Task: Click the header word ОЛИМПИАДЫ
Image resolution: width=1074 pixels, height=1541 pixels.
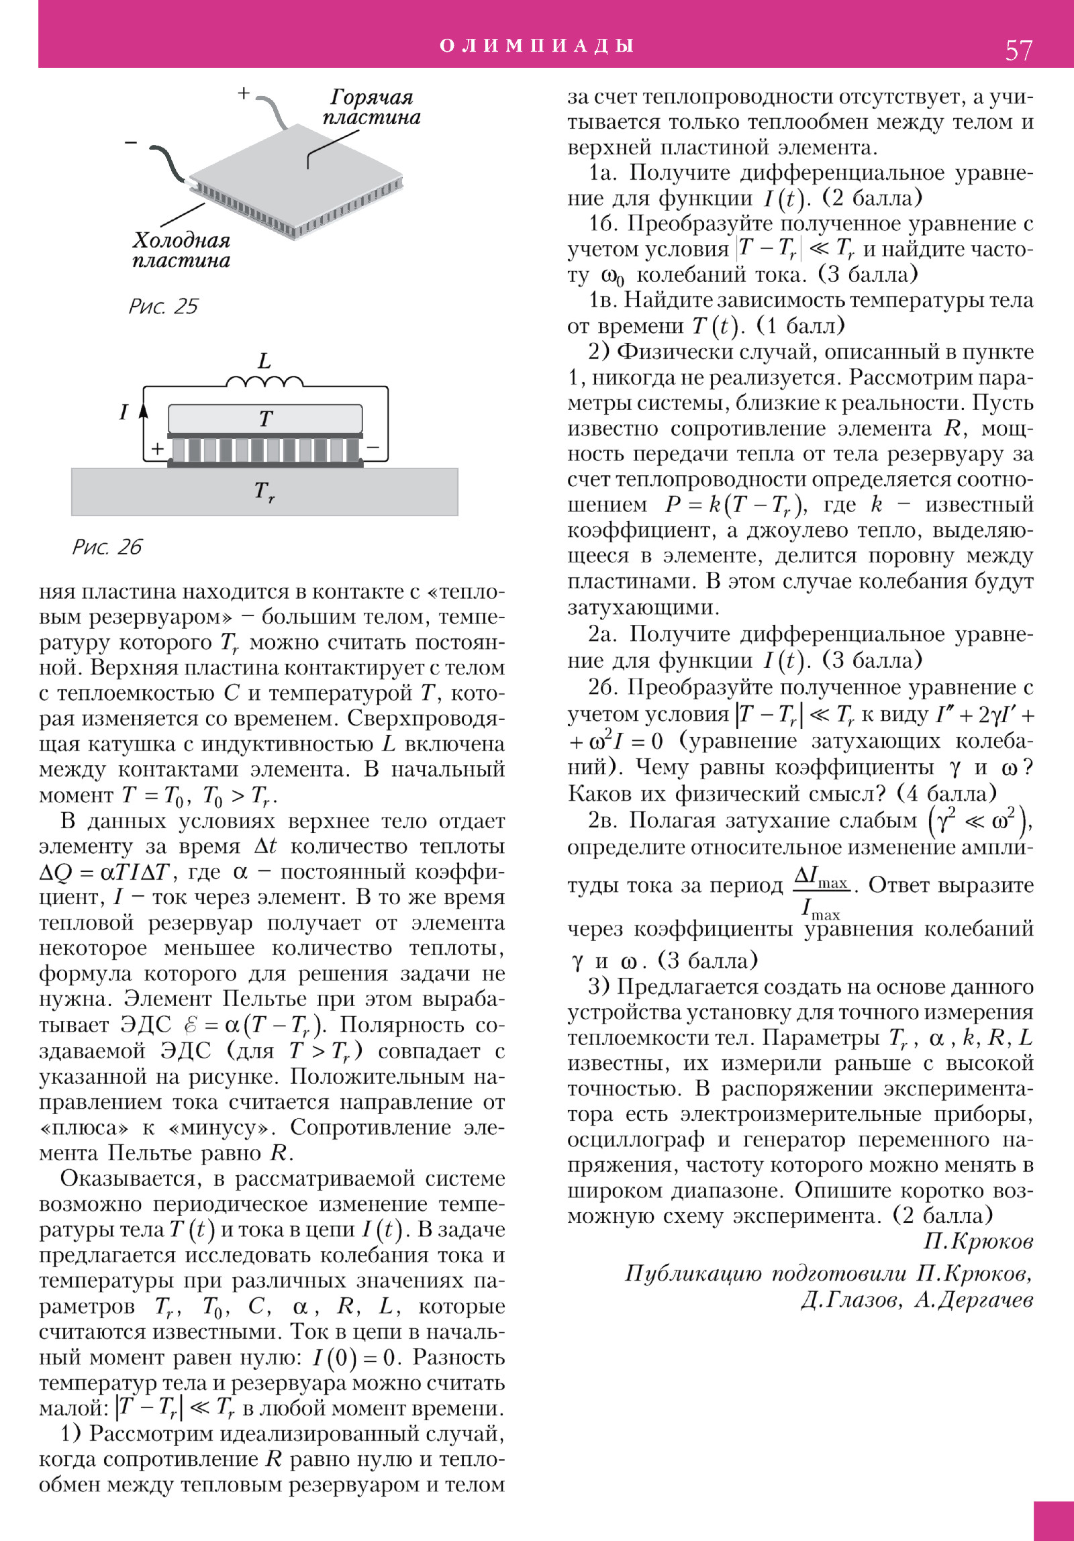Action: (537, 46)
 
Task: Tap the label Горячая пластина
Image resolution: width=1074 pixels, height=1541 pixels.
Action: (371, 107)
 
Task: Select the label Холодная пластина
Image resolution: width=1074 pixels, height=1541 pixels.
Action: (181, 250)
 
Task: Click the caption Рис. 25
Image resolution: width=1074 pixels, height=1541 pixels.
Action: (163, 307)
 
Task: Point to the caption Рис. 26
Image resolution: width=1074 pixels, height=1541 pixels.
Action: (107, 547)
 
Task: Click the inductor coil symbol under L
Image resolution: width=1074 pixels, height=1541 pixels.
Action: (264, 383)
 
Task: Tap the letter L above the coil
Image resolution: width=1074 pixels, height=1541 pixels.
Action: (264, 361)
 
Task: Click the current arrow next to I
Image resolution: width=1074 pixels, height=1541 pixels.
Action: (143, 411)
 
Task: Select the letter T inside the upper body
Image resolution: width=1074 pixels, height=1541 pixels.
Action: (266, 419)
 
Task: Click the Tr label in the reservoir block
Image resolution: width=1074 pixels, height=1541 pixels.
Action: (264, 492)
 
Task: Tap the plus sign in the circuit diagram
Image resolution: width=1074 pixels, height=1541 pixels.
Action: (157, 448)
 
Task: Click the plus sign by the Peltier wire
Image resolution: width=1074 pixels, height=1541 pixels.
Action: (244, 93)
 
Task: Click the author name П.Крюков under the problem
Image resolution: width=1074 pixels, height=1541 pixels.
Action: (978, 1242)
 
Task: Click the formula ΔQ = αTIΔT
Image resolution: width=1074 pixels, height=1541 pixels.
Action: (107, 873)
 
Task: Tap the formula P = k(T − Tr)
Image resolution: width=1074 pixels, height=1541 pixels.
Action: (736, 505)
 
